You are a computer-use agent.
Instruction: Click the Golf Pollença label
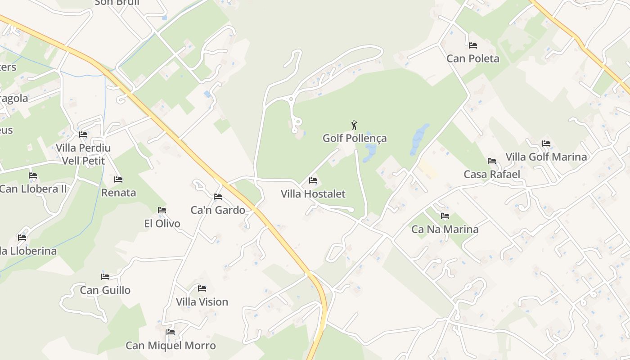pyautogui.click(x=355, y=138)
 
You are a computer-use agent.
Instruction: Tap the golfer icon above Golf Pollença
pyautogui.click(x=355, y=125)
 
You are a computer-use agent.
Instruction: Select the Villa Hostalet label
pyautogui.click(x=313, y=194)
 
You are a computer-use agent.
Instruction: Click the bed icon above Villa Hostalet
pyautogui.click(x=313, y=181)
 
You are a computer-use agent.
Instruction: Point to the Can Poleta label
pyautogui.click(x=473, y=58)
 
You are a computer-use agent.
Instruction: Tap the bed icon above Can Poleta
pyautogui.click(x=473, y=45)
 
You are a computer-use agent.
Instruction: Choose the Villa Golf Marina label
pyautogui.click(x=546, y=157)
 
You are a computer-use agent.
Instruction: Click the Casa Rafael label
pyautogui.click(x=492, y=174)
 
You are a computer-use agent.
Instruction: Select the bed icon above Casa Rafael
pyautogui.click(x=492, y=161)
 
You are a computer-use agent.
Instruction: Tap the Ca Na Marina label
pyautogui.click(x=445, y=229)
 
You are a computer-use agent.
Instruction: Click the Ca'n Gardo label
pyautogui.click(x=218, y=210)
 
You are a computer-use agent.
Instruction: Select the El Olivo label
pyautogui.click(x=162, y=224)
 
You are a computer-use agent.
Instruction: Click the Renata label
pyautogui.click(x=118, y=193)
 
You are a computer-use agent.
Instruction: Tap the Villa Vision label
pyautogui.click(x=202, y=302)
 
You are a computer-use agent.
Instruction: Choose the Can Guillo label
pyautogui.click(x=105, y=290)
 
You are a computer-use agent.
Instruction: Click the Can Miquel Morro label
pyautogui.click(x=171, y=346)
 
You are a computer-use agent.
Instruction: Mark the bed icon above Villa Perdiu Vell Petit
pyautogui.click(x=83, y=135)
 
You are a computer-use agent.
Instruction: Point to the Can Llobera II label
pyautogui.click(x=33, y=189)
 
